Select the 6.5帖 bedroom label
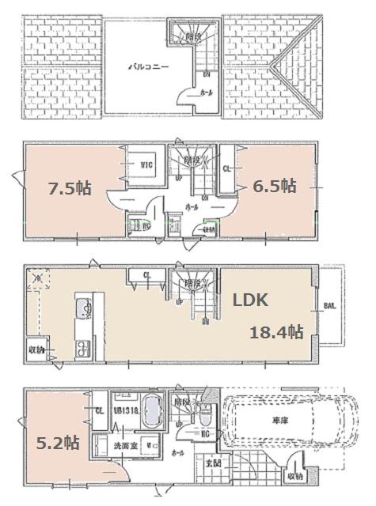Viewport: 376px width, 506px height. pyautogui.click(x=275, y=187)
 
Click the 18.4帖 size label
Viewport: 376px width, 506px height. pyautogui.click(x=277, y=332)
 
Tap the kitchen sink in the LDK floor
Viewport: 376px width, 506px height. pyautogui.click(x=82, y=311)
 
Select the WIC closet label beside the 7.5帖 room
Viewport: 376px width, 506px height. pyautogui.click(x=146, y=165)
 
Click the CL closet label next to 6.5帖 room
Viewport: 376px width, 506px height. pyautogui.click(x=226, y=168)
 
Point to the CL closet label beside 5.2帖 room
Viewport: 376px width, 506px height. pyautogui.click(x=99, y=410)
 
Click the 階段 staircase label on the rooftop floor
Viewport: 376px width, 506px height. pyautogui.click(x=192, y=36)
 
